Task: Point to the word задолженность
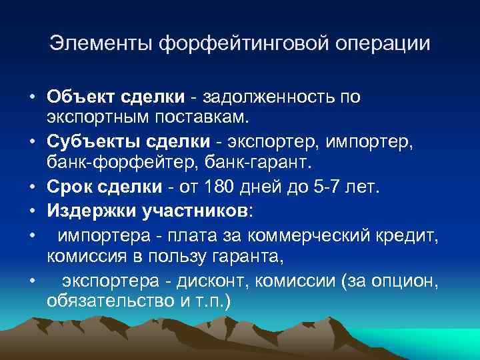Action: click(271, 97)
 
